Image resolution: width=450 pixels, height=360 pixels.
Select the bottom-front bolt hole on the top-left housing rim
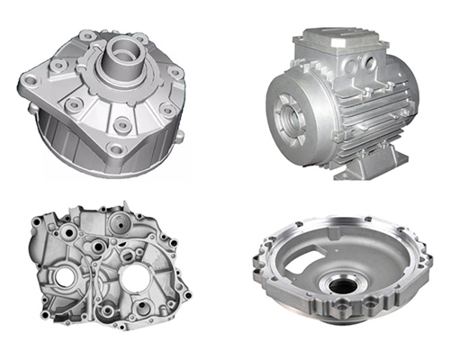[x=116, y=148]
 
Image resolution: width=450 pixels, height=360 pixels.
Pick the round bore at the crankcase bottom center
[x=108, y=311]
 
